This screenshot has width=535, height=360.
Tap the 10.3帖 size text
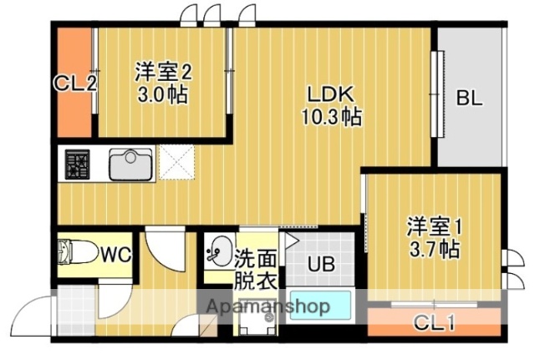331,117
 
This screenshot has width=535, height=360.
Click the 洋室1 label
434,226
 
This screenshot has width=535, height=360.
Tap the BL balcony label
469,98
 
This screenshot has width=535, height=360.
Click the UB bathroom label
321,266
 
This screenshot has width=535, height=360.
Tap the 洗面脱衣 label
254,270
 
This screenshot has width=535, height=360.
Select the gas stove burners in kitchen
79,164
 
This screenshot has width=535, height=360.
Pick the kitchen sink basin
130,164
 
